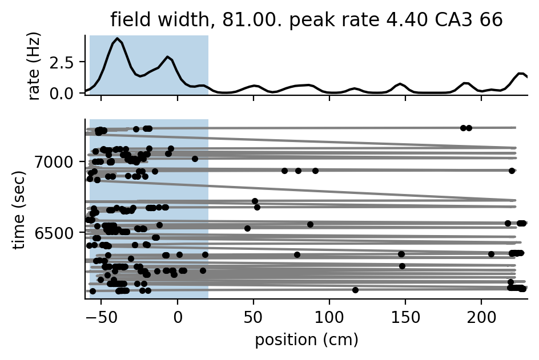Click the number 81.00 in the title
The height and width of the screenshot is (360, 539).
(x=236, y=20)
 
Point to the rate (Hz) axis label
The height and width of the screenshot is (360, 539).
(x=35, y=68)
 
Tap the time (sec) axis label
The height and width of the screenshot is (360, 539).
(x=19, y=209)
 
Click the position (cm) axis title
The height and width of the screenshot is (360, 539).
(x=307, y=340)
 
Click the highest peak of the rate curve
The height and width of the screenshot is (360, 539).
(x=117, y=39)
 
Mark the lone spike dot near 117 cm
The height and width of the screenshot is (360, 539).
(x=355, y=290)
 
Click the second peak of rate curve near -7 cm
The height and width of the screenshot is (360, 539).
(x=167, y=57)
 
